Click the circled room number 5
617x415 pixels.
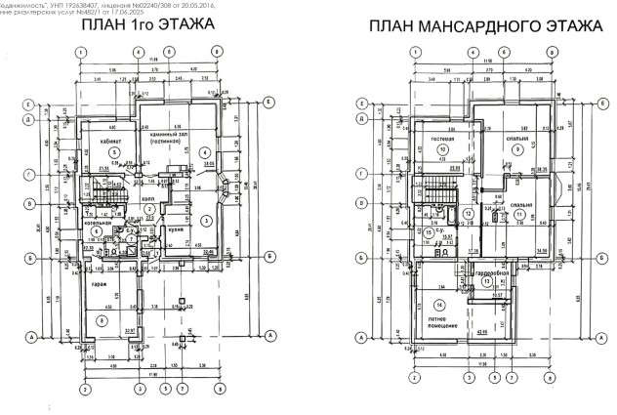tap(114, 152)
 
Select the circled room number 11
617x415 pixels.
tap(519, 214)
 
